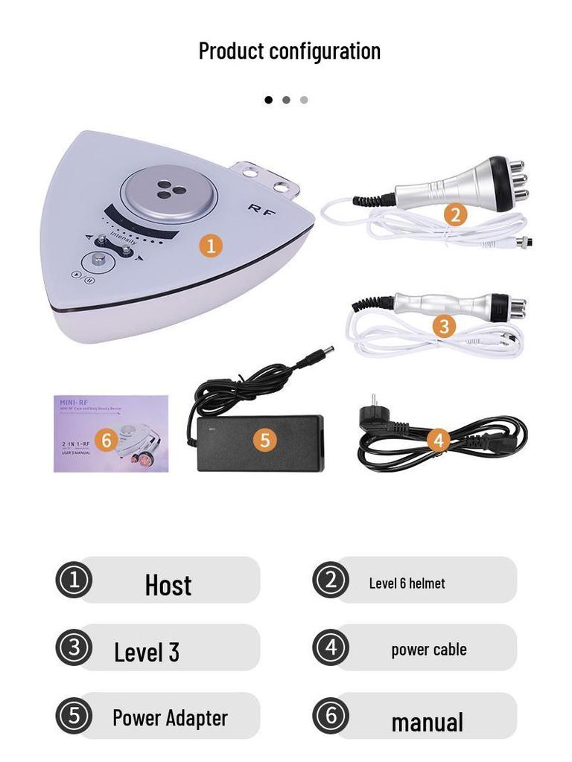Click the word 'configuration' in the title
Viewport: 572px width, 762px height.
(x=325, y=51)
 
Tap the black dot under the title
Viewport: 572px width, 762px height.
(x=269, y=100)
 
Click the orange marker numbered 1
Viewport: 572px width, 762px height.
(x=211, y=246)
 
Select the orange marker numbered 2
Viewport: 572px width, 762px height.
(x=456, y=215)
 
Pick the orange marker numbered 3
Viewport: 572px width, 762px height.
(x=444, y=326)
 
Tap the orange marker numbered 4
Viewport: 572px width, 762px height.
(x=438, y=441)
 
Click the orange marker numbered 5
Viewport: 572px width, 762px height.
(x=264, y=440)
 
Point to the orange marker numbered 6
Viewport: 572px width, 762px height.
(x=106, y=441)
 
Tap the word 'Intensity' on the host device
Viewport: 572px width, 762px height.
(x=122, y=240)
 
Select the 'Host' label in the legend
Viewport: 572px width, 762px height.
(x=168, y=585)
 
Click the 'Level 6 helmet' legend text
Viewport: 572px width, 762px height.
(x=407, y=583)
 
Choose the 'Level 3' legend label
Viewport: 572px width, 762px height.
(x=147, y=652)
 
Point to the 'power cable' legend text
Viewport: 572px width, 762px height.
(x=429, y=650)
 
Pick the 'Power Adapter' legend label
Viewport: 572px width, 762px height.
(x=170, y=718)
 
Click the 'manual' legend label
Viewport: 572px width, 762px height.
(x=428, y=722)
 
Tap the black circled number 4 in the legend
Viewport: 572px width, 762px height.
(x=331, y=647)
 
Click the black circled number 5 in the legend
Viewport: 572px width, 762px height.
(x=74, y=717)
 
